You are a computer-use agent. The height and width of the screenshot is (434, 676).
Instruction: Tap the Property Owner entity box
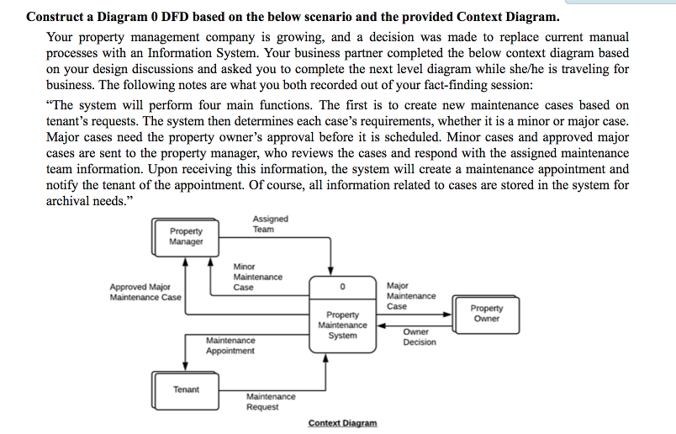click(486, 314)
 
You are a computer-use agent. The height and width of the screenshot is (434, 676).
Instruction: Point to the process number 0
click(342, 287)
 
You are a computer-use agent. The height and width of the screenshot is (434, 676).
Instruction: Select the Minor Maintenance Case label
click(257, 277)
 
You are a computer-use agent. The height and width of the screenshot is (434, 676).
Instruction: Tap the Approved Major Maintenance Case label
click(145, 292)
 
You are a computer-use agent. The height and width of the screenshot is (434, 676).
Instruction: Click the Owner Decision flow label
click(419, 336)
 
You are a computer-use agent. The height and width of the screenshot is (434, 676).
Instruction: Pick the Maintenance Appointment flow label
click(230, 346)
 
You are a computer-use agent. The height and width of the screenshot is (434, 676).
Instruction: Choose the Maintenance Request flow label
click(271, 401)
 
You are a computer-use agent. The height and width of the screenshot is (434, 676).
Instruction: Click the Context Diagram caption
click(342, 423)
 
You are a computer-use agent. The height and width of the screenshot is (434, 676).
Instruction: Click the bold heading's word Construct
click(55, 17)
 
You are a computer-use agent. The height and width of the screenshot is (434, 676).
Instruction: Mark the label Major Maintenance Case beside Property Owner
click(410, 296)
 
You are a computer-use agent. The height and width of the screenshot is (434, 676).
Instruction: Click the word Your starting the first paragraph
click(61, 38)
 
